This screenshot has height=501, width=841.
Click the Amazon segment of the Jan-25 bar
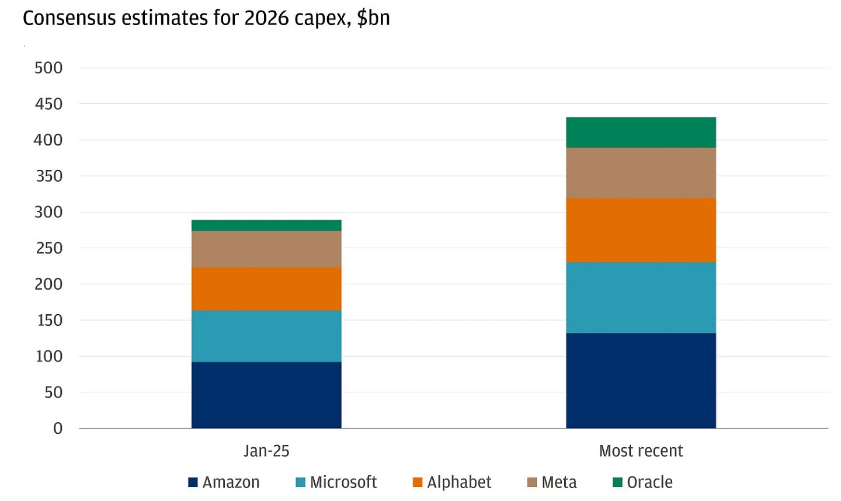click(266, 395)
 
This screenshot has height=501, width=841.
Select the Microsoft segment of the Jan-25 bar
click(266, 336)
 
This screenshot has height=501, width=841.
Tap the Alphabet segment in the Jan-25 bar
click(266, 288)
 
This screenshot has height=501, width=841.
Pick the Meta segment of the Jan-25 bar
click(266, 249)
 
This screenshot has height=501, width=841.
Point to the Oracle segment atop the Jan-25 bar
click(266, 225)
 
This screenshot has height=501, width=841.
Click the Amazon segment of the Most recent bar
click(641, 380)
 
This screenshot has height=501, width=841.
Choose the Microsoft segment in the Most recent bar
click(641, 297)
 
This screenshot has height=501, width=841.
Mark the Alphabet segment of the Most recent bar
click(641, 230)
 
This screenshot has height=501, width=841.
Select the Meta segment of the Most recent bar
click(641, 173)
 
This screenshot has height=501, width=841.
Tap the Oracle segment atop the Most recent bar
click(641, 133)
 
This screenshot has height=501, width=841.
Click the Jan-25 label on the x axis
click(266, 451)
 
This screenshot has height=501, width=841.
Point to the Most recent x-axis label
click(641, 451)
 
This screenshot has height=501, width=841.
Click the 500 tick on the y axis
click(48, 68)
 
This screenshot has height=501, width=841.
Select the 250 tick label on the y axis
click(48, 248)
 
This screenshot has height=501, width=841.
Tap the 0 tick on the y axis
click(57, 429)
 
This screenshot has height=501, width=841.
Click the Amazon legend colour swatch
click(193, 482)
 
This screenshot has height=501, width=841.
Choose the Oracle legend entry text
click(649, 482)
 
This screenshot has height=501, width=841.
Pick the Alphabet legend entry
click(459, 482)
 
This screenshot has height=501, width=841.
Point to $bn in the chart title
click(373, 19)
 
